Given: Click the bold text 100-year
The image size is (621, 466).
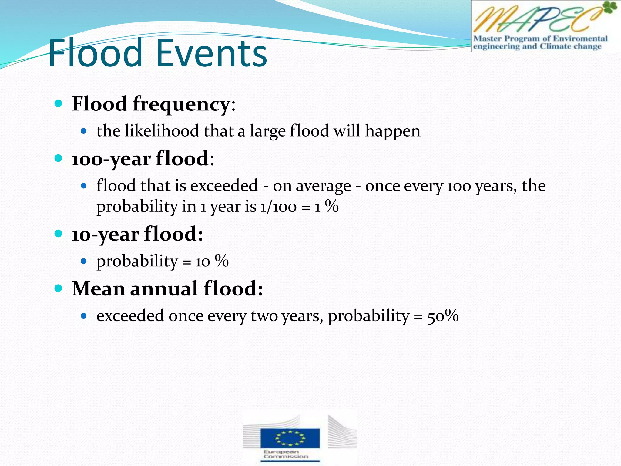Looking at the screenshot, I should click(x=111, y=159).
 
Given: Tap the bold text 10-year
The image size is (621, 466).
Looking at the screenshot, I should click(x=105, y=235).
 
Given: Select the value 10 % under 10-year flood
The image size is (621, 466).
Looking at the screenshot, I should click(x=212, y=261).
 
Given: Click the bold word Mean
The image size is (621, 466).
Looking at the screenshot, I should click(x=98, y=289).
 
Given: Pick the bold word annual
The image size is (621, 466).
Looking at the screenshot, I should click(x=164, y=289).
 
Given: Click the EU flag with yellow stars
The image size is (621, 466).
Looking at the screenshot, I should click(x=290, y=438).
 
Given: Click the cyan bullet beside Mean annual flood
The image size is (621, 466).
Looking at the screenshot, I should click(x=58, y=288).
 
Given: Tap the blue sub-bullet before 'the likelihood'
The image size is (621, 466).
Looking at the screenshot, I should click(x=84, y=131).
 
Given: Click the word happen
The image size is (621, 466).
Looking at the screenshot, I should click(x=393, y=131).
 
